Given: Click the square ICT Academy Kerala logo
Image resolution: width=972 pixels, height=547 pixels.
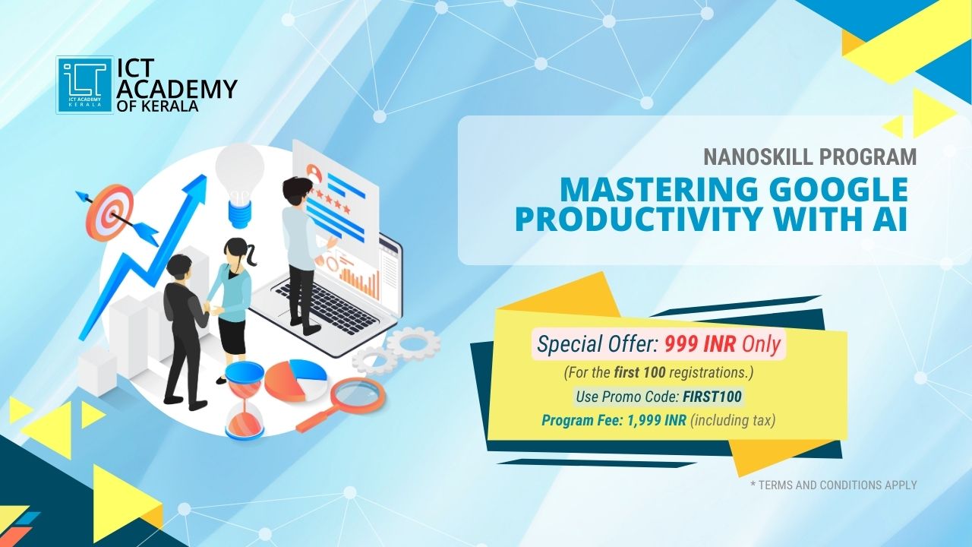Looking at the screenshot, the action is [84, 85].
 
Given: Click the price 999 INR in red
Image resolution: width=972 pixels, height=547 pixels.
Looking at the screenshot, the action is [700, 345].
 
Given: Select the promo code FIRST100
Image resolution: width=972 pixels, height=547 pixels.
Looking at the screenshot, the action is [712, 397].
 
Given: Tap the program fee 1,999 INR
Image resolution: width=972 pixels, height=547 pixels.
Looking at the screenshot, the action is [657, 421].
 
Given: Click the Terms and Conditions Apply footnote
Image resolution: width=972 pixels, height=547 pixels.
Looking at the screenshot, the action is [834, 485].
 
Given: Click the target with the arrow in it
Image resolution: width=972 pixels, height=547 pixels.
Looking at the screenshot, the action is [109, 212].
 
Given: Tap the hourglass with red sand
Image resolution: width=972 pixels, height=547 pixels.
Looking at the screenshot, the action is [245, 399].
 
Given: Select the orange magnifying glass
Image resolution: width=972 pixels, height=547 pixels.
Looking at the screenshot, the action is [342, 403].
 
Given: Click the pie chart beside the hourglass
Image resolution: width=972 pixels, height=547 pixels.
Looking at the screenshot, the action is [296, 381].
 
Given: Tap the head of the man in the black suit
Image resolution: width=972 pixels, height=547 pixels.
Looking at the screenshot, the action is [178, 269].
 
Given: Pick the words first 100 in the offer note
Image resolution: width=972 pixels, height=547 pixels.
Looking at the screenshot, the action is [640, 373].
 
